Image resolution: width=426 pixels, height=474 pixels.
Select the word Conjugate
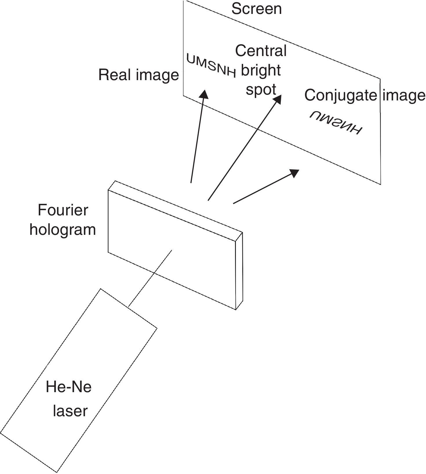341,95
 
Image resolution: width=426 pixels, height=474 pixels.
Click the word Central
261,51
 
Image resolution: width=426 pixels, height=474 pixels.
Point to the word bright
261,70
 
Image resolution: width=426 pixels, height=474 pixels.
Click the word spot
261,89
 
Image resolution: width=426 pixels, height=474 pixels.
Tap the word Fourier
63,210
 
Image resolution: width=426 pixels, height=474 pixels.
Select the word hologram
63,229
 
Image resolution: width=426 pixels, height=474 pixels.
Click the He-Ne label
69,387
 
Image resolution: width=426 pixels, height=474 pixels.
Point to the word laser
70,411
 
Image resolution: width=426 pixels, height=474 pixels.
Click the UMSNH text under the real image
211,66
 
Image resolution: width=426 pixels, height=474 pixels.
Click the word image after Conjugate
404,95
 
